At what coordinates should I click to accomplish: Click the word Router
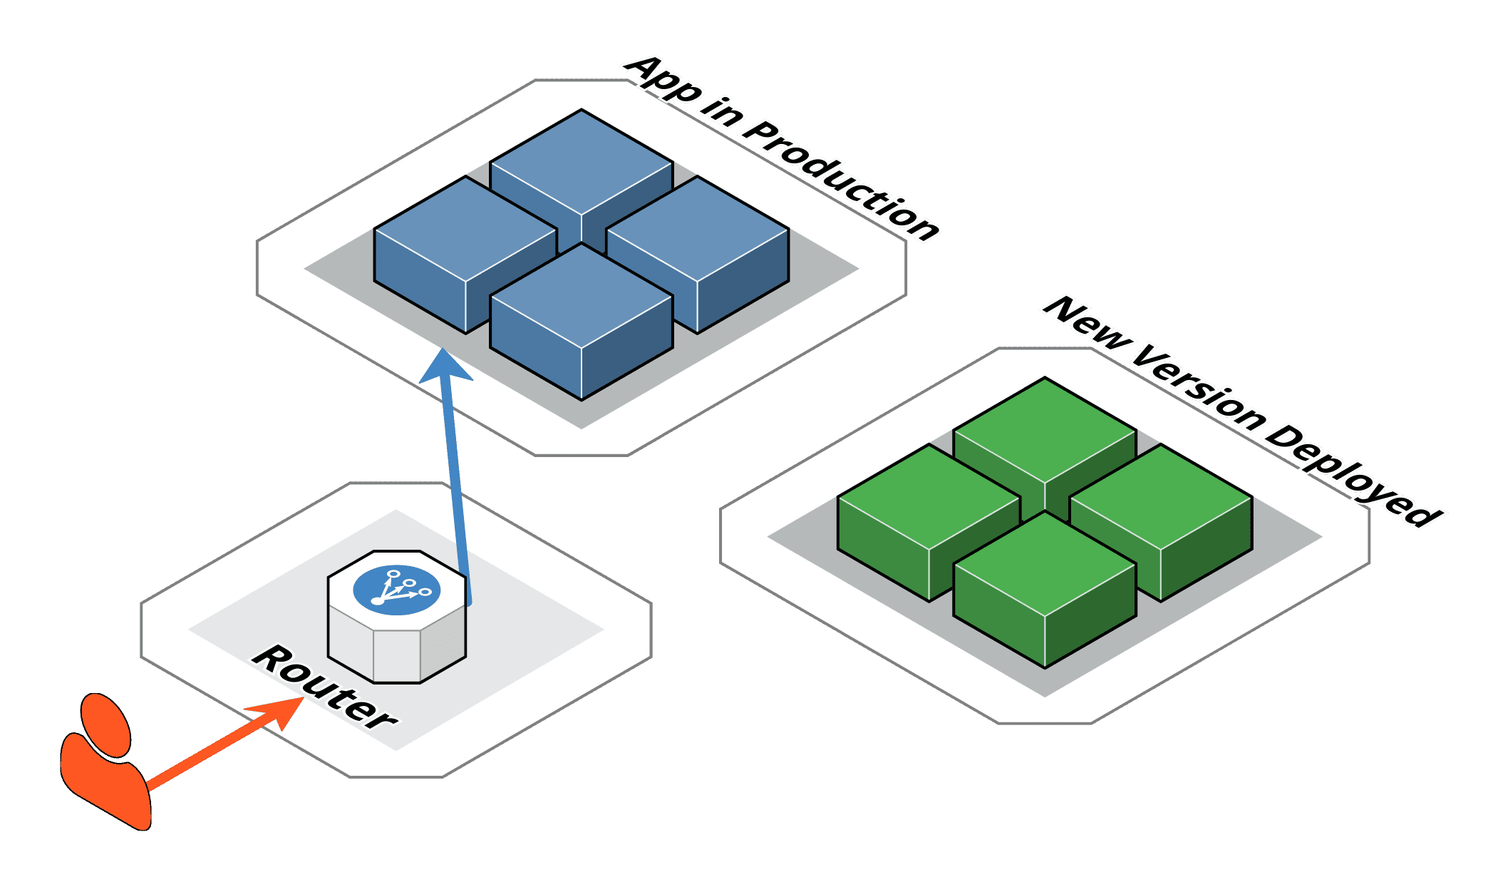pos(324,687)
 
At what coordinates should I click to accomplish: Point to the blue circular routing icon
pos(397,590)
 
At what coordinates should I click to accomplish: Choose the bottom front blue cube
pos(582,321)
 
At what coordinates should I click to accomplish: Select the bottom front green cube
pos(1045,588)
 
